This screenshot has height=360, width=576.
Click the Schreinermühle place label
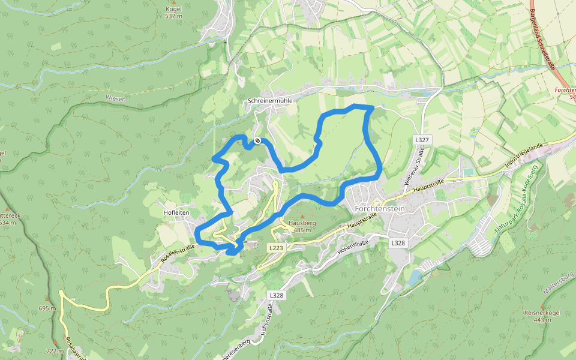(270, 101)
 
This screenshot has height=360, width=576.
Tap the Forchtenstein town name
(380, 208)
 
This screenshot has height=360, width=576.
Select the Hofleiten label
(176, 212)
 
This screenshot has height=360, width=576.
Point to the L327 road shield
(422, 139)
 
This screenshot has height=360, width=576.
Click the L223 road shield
(276, 247)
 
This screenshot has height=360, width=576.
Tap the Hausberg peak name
(302, 223)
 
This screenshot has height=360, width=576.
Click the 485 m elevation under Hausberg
(302, 230)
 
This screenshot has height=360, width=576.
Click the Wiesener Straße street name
(412, 167)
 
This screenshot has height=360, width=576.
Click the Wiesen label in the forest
(115, 98)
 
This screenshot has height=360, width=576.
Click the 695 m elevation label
(47, 308)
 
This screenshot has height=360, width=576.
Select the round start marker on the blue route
(257, 140)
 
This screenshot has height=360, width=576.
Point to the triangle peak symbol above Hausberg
(302, 216)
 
